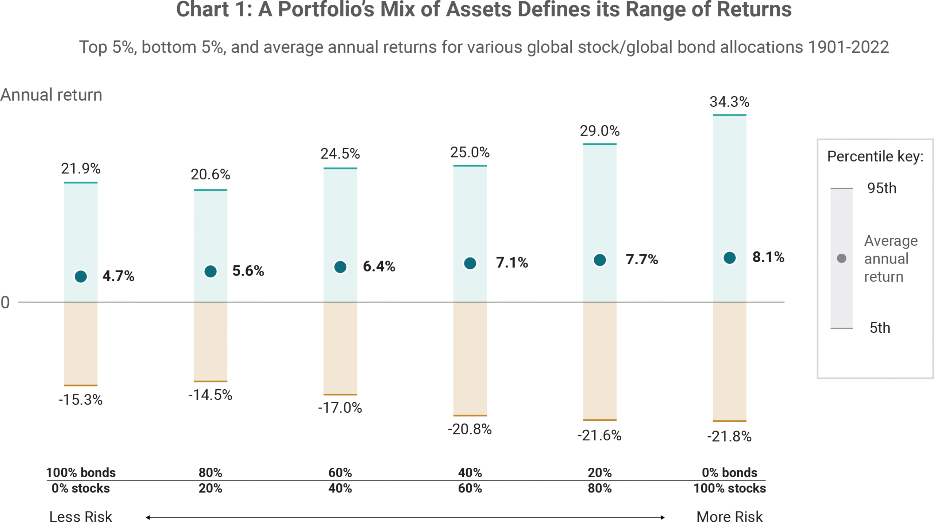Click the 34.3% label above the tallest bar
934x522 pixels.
(x=729, y=102)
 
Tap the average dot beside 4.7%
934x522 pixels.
(x=81, y=276)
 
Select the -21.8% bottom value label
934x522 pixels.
(x=729, y=436)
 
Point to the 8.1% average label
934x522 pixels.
(x=768, y=257)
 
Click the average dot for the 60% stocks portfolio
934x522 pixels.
(x=470, y=263)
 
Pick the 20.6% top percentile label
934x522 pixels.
(x=210, y=175)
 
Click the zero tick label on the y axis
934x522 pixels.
(x=5, y=302)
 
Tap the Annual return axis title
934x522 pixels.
(x=51, y=95)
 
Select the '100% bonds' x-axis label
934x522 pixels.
(x=81, y=472)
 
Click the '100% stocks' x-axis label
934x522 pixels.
(x=729, y=488)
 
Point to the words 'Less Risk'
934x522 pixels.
(x=81, y=516)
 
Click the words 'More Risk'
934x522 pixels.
(x=729, y=516)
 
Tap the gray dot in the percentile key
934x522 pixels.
(x=841, y=258)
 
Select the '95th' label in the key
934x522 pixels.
(x=881, y=188)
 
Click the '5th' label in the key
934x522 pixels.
(x=880, y=328)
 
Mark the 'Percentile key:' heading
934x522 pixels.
(x=875, y=156)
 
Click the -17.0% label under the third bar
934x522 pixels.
(x=340, y=408)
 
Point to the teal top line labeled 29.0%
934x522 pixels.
(x=599, y=144)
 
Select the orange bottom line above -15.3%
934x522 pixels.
(x=81, y=385)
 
